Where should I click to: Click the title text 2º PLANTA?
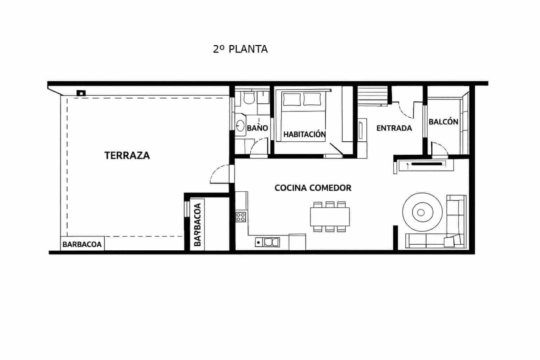pyautogui.click(x=240, y=49)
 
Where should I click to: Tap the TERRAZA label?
pyautogui.click(x=127, y=155)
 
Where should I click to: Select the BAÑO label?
pyautogui.click(x=257, y=128)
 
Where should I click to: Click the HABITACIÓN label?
pyautogui.click(x=304, y=134)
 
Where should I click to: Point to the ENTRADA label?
pyautogui.click(x=394, y=128)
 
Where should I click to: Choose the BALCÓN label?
pyautogui.click(x=443, y=122)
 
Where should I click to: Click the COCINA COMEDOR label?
pyautogui.click(x=313, y=188)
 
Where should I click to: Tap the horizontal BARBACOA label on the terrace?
pyautogui.click(x=82, y=244)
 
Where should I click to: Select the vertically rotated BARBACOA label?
pyautogui.click(x=198, y=224)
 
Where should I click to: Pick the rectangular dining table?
pyautogui.click(x=330, y=217)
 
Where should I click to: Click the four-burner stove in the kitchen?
pyautogui.click(x=241, y=217)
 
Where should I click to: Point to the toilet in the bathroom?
pyautogui.click(x=249, y=98)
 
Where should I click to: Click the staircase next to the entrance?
pyautogui.click(x=373, y=96)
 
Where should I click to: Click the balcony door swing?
pyautogui.click(x=439, y=149)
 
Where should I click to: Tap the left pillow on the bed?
pyautogui.click(x=292, y=99)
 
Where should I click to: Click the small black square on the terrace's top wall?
pyautogui.click(x=81, y=93)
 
